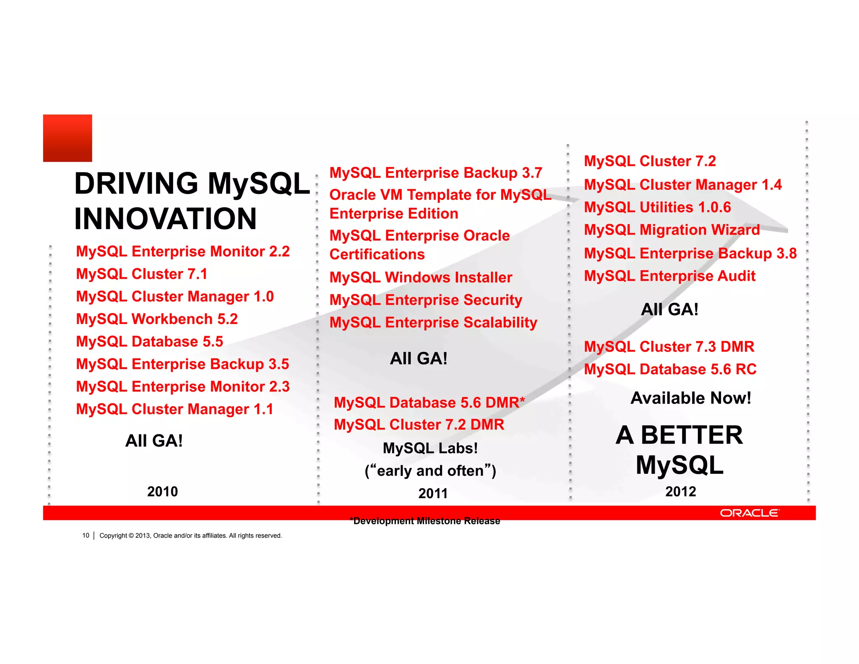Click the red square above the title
click(68, 138)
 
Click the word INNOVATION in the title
click(165, 219)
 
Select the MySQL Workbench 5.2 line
click(157, 319)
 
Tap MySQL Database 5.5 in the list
click(149, 342)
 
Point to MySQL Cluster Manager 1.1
click(174, 409)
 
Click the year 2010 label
click(162, 491)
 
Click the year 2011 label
click(433, 494)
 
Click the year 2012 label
click(680, 491)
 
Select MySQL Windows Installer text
click(421, 277)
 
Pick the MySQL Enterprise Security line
click(426, 300)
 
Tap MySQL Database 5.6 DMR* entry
click(429, 403)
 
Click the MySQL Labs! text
click(430, 448)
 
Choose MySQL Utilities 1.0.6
click(657, 207)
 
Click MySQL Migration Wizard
click(672, 230)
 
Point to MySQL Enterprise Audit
click(669, 276)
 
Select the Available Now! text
click(691, 398)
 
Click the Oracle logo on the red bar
click(749, 513)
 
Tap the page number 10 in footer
click(86, 536)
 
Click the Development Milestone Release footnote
click(425, 521)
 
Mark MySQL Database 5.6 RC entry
click(670, 369)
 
